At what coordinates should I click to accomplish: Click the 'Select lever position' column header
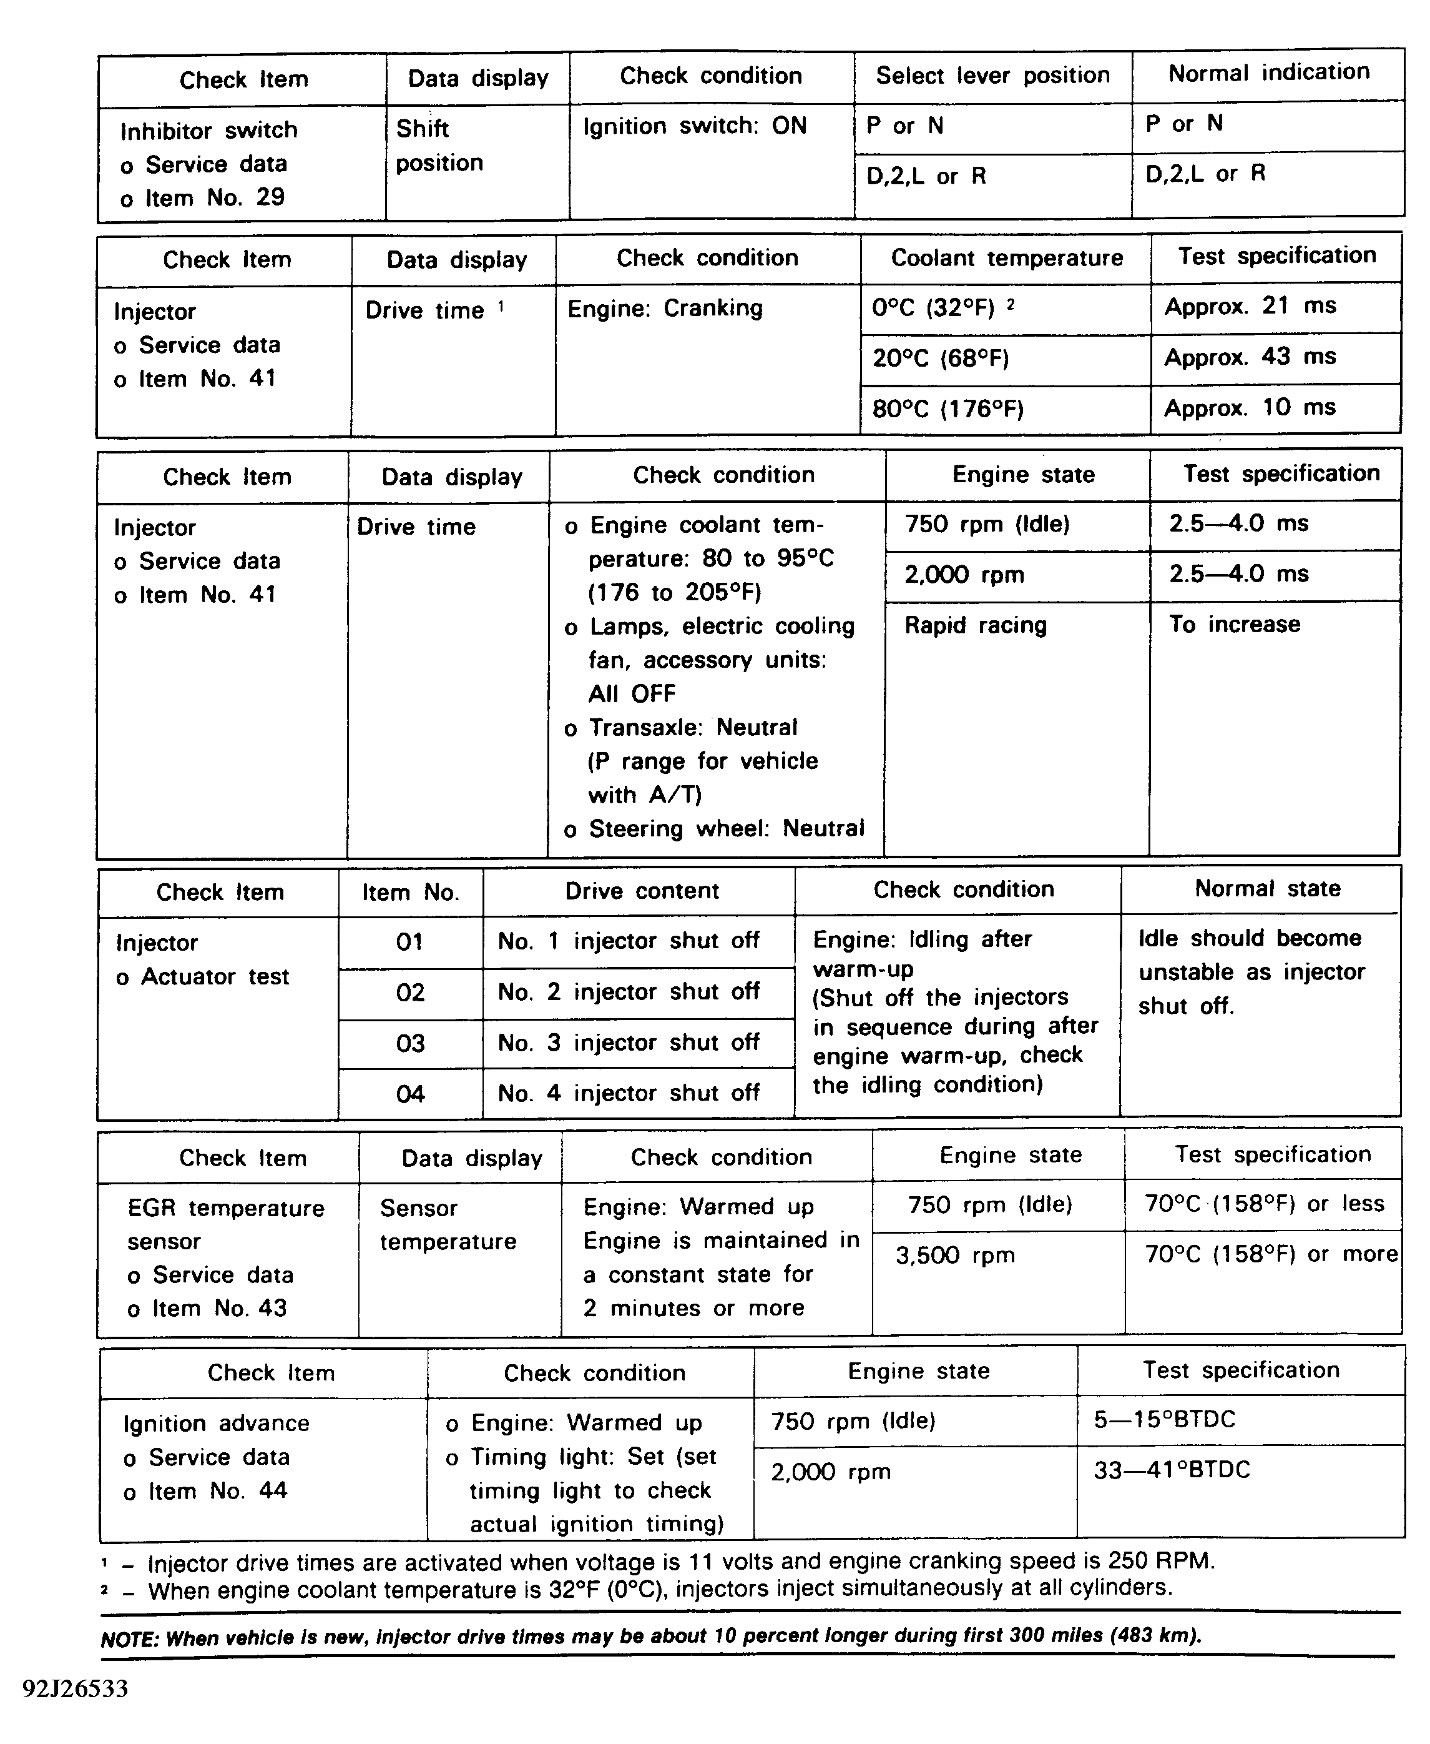pos(992,76)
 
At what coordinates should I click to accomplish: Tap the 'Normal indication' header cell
pos(1268,73)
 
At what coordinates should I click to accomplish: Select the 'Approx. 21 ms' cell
pos(1250,307)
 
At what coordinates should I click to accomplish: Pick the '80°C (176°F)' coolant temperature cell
pos(948,409)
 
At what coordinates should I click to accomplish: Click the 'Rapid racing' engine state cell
pos(976,625)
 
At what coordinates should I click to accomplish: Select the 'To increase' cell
pos(1234,625)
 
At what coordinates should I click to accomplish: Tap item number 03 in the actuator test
pos(410,1043)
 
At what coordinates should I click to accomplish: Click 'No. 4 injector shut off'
pos(629,1094)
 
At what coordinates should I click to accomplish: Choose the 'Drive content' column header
pos(642,891)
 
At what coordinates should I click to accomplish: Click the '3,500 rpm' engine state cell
pos(955,1256)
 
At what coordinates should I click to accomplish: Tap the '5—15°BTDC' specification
pos(1164,1419)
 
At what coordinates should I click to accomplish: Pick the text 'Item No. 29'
pos(214,198)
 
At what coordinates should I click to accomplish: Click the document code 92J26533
pos(76,1690)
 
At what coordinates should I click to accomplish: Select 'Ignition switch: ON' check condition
pos(695,126)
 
